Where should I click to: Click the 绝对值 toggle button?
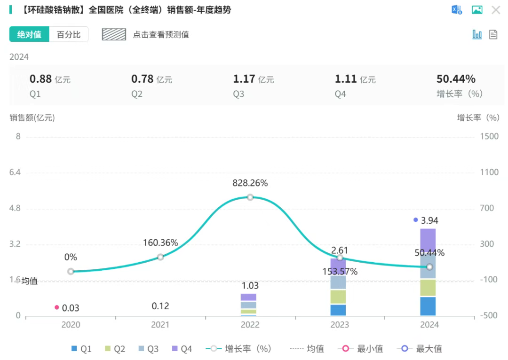point(29,35)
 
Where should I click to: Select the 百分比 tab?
point(69,35)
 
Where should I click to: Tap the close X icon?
point(496,10)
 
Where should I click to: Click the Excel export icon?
point(456,10)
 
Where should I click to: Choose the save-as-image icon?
point(477,10)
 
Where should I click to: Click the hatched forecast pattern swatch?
point(114,34)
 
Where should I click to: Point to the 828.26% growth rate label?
point(250,183)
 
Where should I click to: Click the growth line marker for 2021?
point(160,257)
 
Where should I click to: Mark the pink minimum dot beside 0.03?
point(57,307)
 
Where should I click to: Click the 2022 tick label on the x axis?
point(250,325)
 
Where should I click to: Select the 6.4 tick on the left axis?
point(15,172)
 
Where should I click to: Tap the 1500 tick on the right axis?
point(490,136)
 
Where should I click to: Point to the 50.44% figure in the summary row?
point(456,79)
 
